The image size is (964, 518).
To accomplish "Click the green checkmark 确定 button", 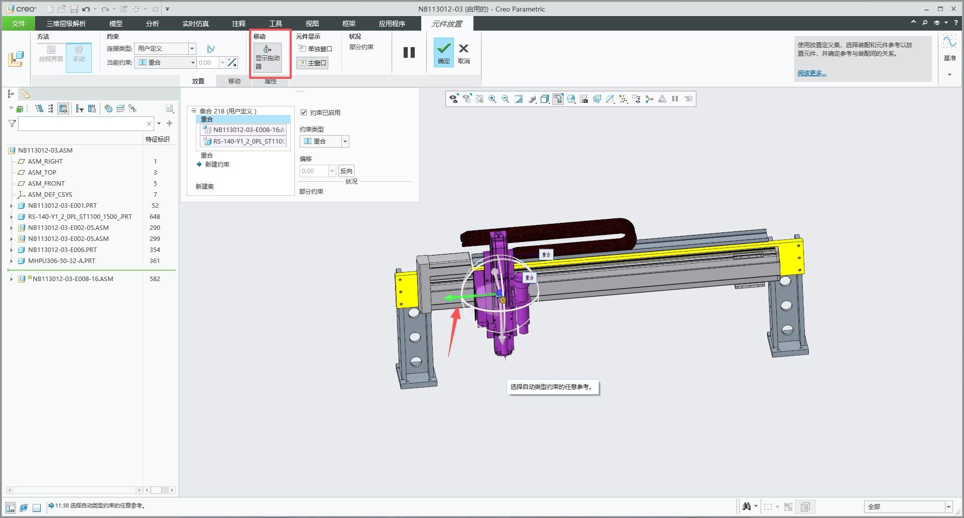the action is click(x=444, y=52).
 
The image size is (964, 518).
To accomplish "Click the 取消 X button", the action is click(x=464, y=52).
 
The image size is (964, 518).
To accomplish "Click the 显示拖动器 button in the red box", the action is click(x=268, y=57).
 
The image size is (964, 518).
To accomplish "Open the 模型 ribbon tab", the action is click(x=116, y=24).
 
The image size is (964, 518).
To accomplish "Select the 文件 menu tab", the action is click(x=19, y=24).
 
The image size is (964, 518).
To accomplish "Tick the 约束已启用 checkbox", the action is click(x=304, y=112).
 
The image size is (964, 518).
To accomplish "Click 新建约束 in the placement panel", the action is click(x=217, y=165).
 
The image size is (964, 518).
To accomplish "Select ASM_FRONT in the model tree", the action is click(x=46, y=184).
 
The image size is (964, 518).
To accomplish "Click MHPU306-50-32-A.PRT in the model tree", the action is click(x=61, y=261).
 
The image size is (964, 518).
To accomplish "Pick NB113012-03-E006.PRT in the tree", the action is click(x=62, y=250).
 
